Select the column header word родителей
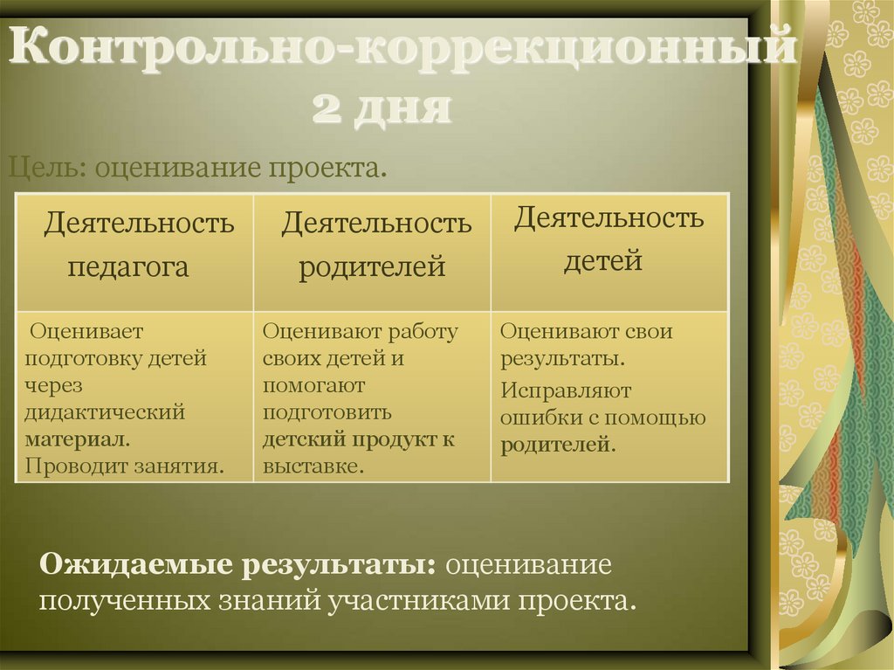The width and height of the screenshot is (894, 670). pos(373,266)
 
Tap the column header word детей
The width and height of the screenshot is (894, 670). pos(603,259)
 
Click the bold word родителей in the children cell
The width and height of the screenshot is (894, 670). pos(557,444)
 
